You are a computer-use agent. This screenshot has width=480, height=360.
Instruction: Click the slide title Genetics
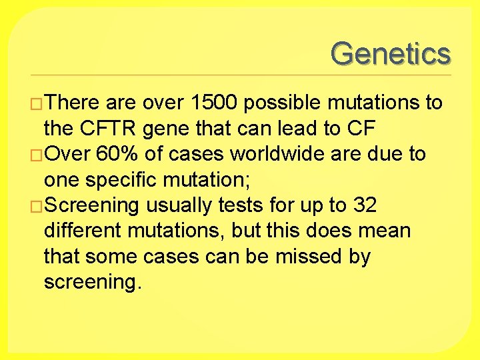point(391,53)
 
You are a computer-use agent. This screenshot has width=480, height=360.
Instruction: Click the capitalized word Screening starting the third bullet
point(91,206)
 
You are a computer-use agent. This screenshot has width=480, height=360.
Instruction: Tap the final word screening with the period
point(93,282)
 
